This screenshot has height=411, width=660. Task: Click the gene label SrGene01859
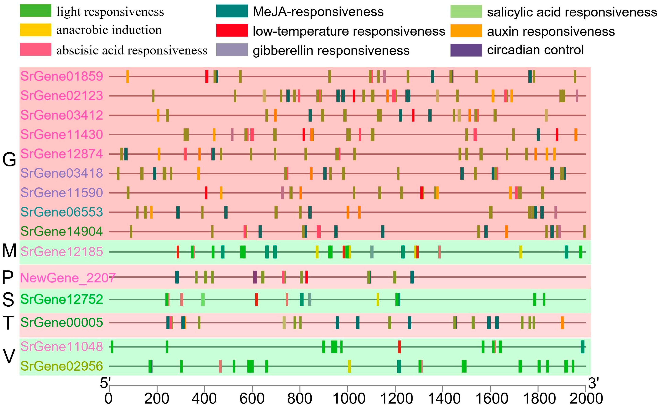pyautogui.click(x=62, y=76)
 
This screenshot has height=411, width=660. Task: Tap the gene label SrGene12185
pyautogui.click(x=62, y=252)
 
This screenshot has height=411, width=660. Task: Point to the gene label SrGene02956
pyautogui.click(x=62, y=366)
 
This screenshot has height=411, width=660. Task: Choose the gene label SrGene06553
pyautogui.click(x=62, y=212)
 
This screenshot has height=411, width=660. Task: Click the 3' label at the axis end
pyautogui.click(x=594, y=383)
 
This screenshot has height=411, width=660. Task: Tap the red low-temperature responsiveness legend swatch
pyautogui.click(x=232, y=30)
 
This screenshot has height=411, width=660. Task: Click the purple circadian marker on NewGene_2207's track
pyautogui.click(x=255, y=277)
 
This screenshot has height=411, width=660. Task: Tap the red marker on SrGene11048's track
pyautogui.click(x=399, y=347)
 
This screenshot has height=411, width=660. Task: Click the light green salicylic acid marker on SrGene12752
pyautogui.click(x=203, y=300)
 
